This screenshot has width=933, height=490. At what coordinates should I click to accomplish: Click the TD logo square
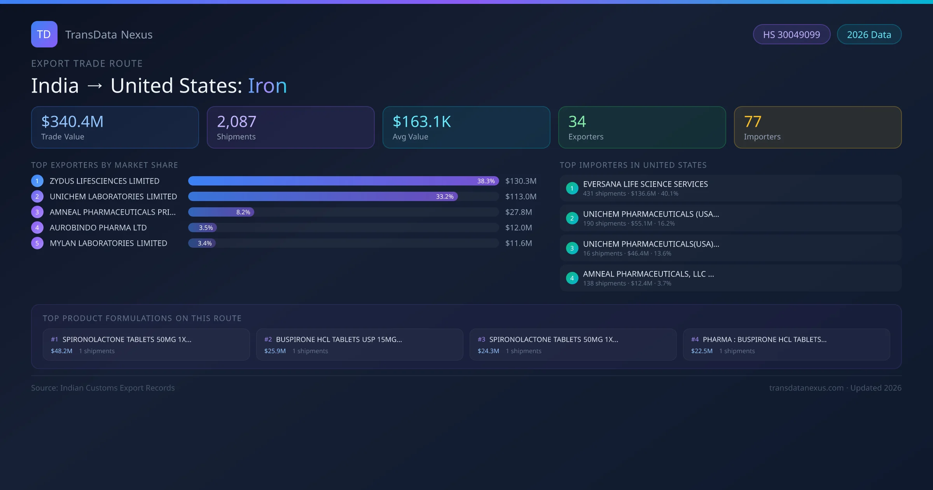[44, 34]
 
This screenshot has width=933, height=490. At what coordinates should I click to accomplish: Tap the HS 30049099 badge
[791, 35]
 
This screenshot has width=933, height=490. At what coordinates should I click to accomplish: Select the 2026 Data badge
[869, 35]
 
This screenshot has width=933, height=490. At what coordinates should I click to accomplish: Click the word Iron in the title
[267, 86]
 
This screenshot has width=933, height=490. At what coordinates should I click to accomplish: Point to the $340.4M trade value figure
[72, 122]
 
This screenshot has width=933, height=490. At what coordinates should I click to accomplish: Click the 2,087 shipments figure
[236, 122]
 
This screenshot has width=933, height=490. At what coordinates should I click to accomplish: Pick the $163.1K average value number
[422, 122]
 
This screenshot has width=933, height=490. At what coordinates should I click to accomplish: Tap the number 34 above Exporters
[577, 122]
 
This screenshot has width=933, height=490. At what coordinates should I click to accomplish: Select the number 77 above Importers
[753, 122]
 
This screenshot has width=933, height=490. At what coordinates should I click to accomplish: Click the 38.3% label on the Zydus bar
[486, 181]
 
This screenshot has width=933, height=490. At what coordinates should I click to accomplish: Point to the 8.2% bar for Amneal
[221, 212]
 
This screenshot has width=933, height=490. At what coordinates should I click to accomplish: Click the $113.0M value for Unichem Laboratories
[521, 196]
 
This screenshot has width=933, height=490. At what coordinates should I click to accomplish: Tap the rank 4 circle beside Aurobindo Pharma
[37, 227]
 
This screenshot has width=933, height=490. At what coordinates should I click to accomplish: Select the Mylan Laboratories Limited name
[108, 243]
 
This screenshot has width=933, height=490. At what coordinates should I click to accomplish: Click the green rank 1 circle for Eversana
[572, 188]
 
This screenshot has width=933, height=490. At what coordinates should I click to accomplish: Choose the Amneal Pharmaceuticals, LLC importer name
[648, 274]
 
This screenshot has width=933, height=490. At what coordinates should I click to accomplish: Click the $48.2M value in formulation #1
[61, 351]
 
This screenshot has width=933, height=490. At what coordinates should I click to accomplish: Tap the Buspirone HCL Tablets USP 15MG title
[339, 339]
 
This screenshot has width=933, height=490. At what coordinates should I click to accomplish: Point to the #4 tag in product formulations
[695, 339]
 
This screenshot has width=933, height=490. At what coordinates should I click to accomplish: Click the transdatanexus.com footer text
[806, 388]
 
